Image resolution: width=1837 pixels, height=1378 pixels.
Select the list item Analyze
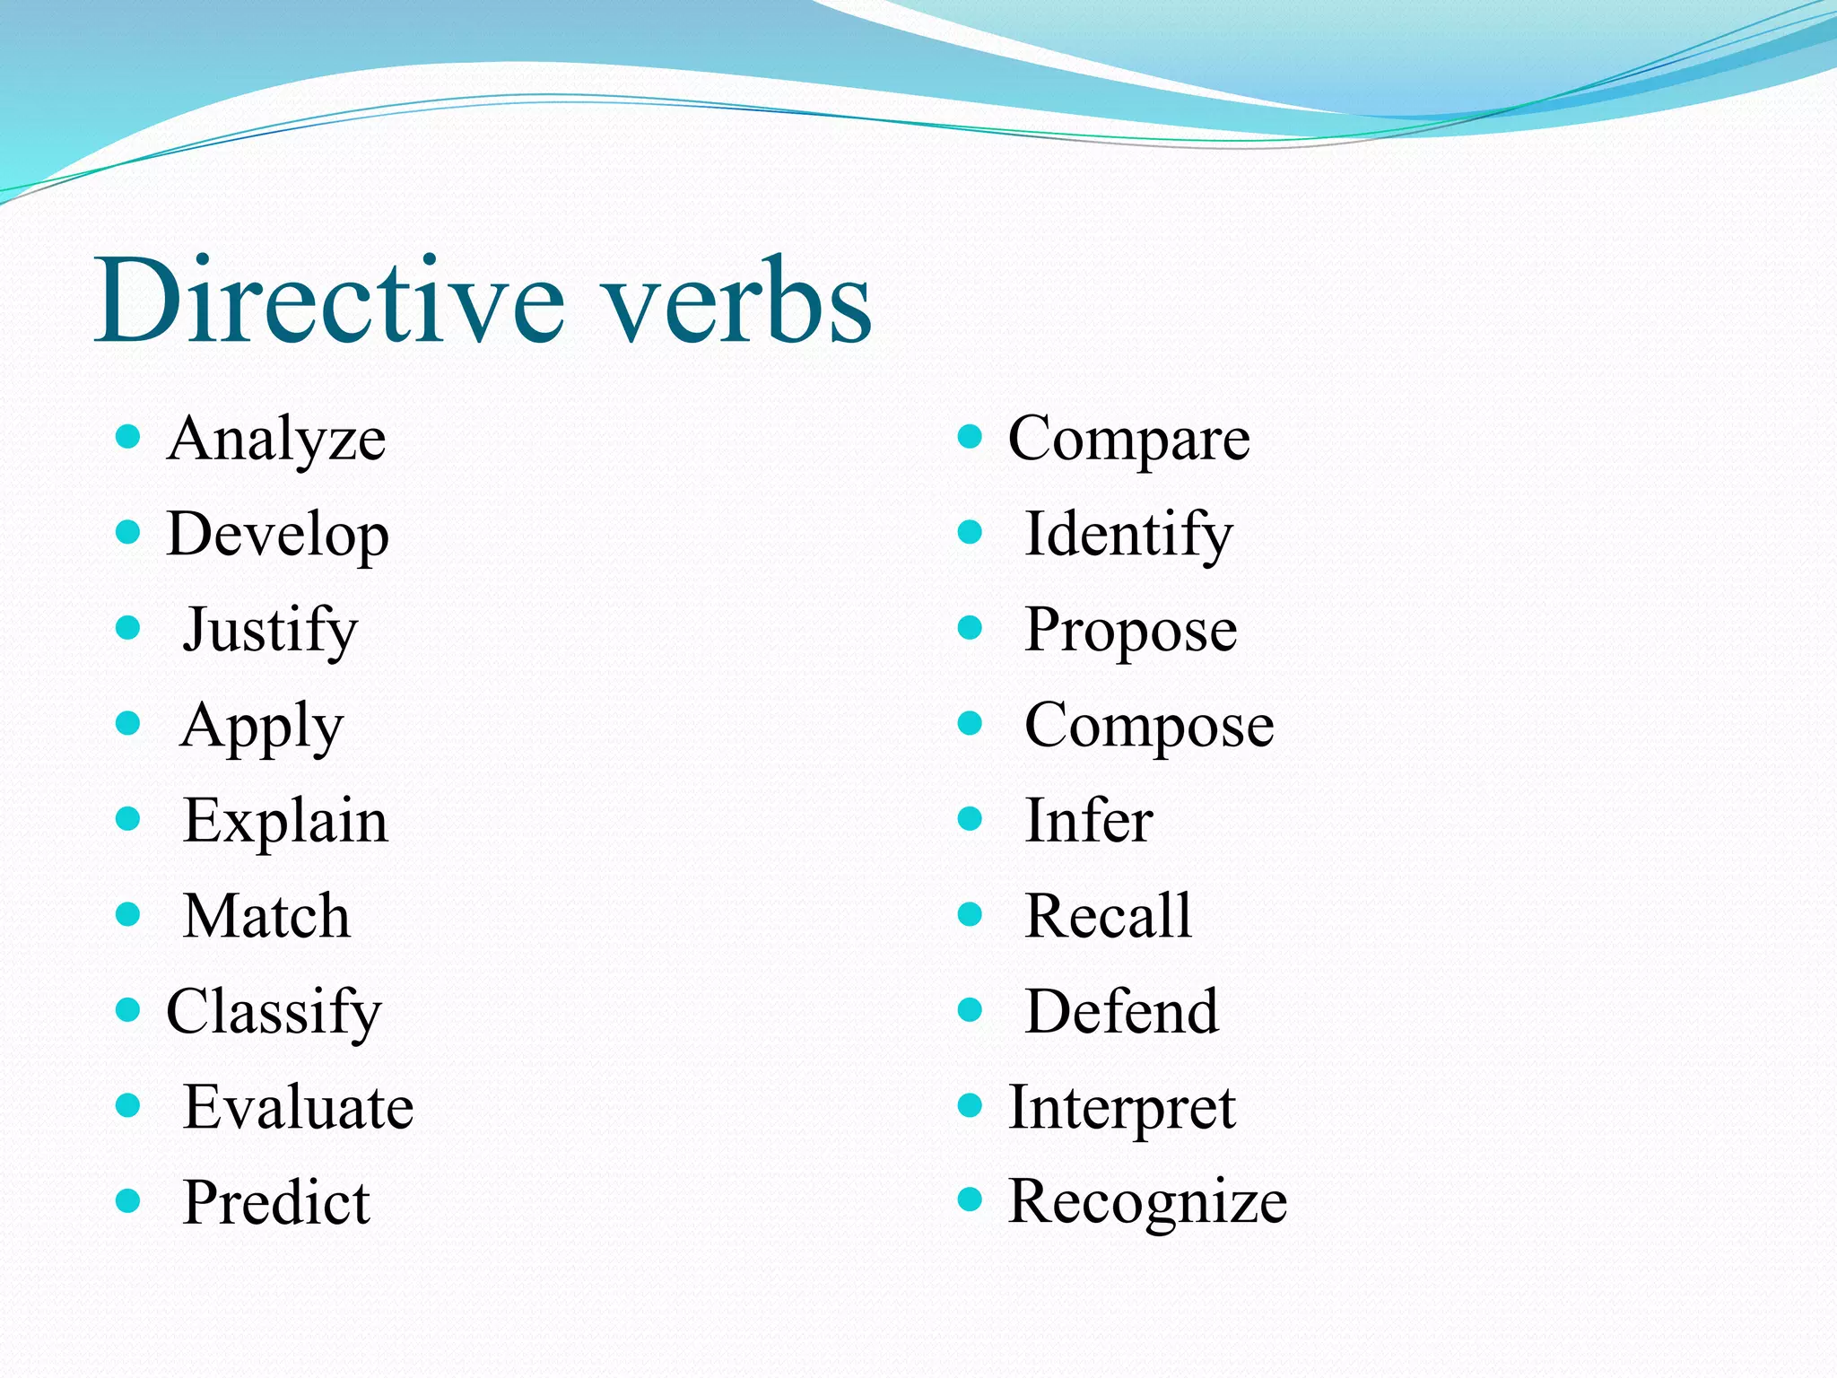276,440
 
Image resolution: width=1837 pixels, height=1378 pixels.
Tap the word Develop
277,536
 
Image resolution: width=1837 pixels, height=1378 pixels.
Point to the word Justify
270,631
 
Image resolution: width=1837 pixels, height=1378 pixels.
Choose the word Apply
262,727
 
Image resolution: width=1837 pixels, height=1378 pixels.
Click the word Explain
285,822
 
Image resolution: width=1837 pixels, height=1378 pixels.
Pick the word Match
266,917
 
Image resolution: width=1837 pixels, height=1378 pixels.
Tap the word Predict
276,1203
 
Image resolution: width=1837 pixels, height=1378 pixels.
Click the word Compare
1128,440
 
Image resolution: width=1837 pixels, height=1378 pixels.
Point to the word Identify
1128,536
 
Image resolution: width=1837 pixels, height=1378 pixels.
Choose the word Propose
1130,631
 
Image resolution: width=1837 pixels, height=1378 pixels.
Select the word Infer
1088,822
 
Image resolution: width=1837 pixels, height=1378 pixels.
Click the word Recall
1108,917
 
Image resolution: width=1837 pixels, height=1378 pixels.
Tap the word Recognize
1147,1202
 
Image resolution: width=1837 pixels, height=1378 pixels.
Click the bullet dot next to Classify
128,1010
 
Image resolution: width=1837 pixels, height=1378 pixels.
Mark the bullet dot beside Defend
970,1010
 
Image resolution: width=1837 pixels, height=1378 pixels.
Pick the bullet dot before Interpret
970,1105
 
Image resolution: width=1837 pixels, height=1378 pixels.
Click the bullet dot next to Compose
970,723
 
